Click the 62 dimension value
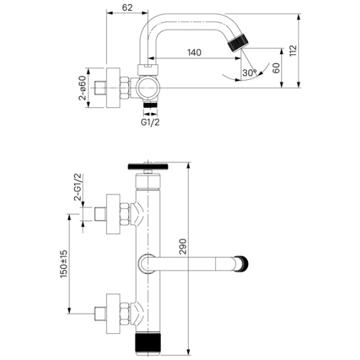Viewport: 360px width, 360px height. pos(127,8)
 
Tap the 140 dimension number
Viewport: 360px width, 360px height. pos(194,52)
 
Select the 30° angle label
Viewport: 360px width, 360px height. pos(249,73)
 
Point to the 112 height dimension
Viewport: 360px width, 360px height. pos(293,51)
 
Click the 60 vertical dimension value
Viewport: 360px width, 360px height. pos(276,68)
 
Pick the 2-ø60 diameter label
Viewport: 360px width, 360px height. pos(82,88)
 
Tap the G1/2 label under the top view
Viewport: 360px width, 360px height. pos(150,122)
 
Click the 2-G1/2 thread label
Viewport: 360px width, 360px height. pos(78,187)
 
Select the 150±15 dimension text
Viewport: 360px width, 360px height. pos(63,264)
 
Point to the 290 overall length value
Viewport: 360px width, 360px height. pos(183,246)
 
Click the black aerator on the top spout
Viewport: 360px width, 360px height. pos(239,43)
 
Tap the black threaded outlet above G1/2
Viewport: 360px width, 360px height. pos(151,105)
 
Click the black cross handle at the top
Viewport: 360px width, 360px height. pos(148,166)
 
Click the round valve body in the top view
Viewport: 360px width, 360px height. pos(147,88)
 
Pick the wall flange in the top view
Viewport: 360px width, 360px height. pos(113,88)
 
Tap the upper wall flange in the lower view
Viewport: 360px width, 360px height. pos(113,214)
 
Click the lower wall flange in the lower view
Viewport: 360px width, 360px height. pos(113,314)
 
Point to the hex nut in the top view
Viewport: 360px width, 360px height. pos(124,88)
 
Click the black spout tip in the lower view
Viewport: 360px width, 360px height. pos(243,264)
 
